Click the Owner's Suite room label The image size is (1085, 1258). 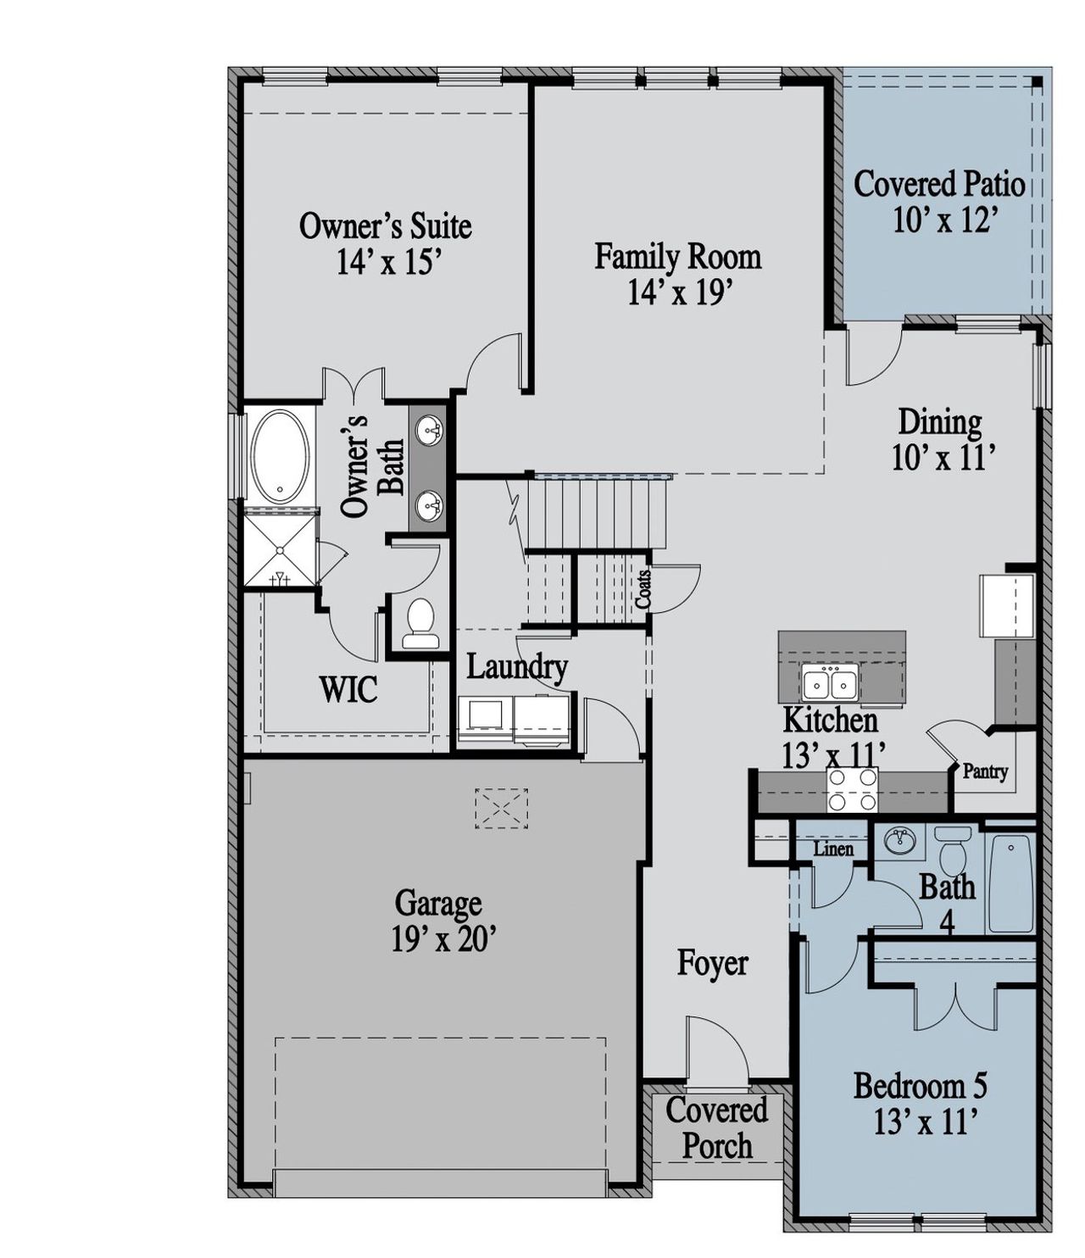coord(385,226)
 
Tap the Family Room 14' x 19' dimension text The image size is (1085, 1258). coord(679,293)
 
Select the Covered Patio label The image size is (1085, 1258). coord(938,184)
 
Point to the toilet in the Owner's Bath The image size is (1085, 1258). coord(419,626)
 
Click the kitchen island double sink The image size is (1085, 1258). coord(831,682)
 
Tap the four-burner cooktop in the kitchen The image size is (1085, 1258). coord(852,789)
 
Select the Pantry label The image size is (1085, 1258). coord(985,771)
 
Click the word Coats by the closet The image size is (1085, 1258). coord(643,587)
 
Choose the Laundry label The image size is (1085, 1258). coord(516,667)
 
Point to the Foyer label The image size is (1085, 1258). coord(712,964)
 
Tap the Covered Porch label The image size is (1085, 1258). coord(716,1128)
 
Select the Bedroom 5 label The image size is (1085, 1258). coord(920,1086)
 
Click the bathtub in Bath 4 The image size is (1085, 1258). coord(1010,882)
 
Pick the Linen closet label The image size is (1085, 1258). coord(833,849)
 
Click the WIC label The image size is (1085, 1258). coord(348,690)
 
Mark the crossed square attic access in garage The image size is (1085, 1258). coord(501,808)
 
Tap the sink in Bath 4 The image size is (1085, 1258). coord(900,842)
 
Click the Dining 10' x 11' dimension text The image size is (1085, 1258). coord(942,459)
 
